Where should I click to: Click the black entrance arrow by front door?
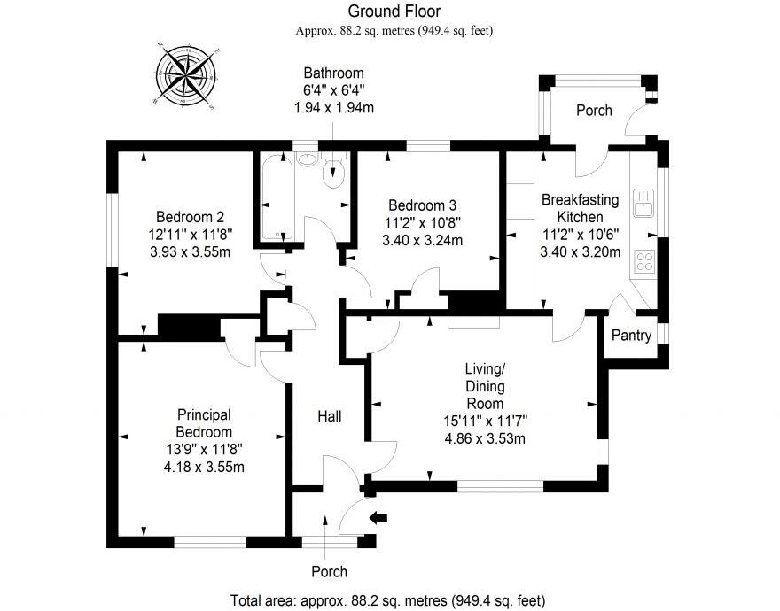[378, 519]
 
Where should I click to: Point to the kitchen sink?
[642, 203]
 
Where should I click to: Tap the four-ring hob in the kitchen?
[643, 260]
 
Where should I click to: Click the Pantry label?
[632, 336]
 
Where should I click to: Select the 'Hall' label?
[329, 415]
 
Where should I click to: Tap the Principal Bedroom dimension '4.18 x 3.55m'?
[203, 468]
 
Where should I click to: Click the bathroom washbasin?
[306, 159]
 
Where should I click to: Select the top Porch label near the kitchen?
[594, 111]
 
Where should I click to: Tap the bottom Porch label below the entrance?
[328, 571]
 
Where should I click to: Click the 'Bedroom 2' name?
[189, 217]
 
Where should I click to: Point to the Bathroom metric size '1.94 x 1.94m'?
[333, 106]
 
